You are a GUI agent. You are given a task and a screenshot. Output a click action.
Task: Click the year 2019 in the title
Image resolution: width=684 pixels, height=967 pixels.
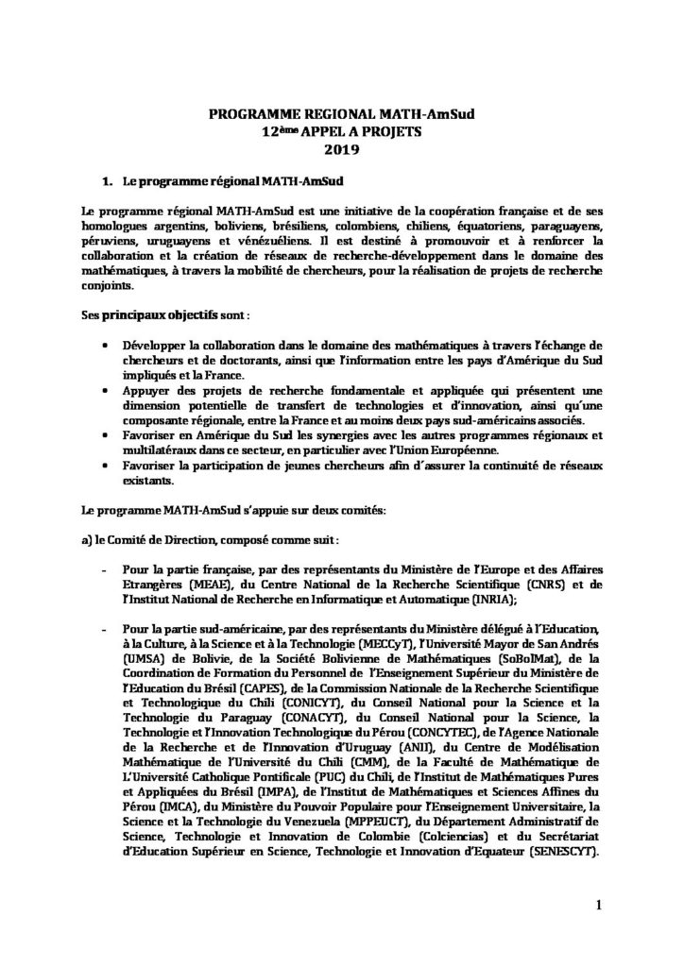pyautogui.click(x=342, y=148)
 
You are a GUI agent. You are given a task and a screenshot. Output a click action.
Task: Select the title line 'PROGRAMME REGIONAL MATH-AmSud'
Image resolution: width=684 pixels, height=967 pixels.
pyautogui.click(x=342, y=115)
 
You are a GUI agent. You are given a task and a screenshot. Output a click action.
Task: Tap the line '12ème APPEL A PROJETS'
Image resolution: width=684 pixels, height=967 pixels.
pyautogui.click(x=342, y=132)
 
